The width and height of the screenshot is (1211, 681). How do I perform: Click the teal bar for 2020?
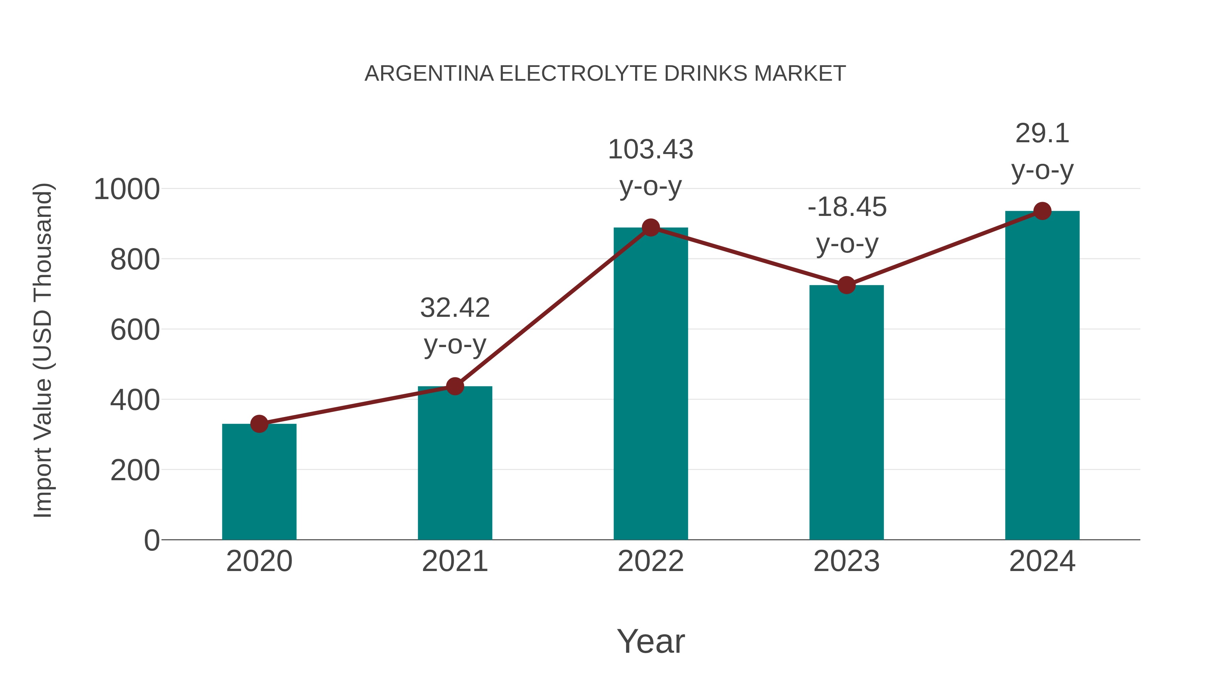click(259, 482)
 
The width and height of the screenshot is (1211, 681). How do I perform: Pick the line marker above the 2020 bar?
click(259, 424)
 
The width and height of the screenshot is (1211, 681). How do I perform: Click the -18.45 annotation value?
click(847, 207)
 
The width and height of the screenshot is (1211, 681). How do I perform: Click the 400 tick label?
click(135, 401)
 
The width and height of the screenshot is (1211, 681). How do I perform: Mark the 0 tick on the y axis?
click(152, 540)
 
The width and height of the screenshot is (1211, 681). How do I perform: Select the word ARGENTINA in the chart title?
click(429, 74)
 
